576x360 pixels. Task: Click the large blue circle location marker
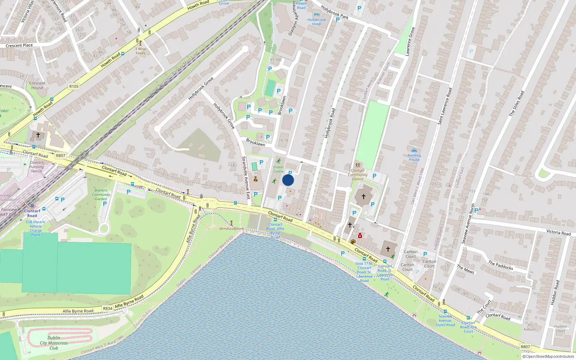point(288,180)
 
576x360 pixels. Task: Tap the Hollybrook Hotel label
point(316,22)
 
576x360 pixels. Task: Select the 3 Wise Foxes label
point(140,51)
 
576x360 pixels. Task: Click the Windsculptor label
point(231,229)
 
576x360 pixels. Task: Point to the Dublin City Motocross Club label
point(54,343)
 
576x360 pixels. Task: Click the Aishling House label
point(414,157)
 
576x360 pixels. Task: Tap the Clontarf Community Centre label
point(357,175)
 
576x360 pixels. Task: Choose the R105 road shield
point(74,86)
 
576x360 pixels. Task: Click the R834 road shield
point(108,309)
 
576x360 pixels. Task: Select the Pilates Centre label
point(278,169)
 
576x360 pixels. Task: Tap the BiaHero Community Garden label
point(101,194)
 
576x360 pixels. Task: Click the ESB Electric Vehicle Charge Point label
point(36,228)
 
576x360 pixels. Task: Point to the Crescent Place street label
point(19,45)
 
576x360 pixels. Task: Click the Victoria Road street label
point(558,232)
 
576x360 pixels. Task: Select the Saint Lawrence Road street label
point(445,107)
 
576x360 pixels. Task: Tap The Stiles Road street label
point(517,103)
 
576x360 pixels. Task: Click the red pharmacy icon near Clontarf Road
point(360,236)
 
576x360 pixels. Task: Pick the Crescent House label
point(37,85)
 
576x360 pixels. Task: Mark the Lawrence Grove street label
point(410,41)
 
